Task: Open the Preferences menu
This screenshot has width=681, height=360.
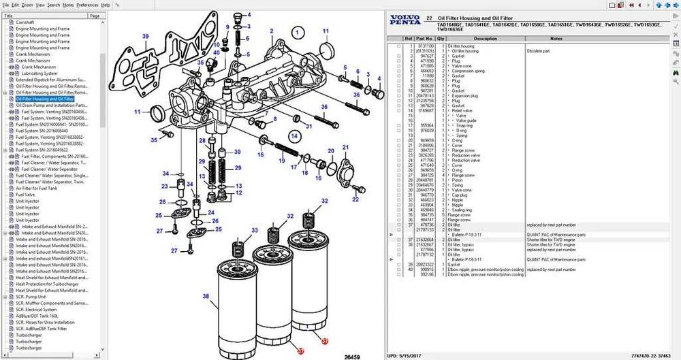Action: (87, 5)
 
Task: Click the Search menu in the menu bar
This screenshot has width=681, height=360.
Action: (53, 5)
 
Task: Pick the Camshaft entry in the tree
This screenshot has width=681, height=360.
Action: (27, 22)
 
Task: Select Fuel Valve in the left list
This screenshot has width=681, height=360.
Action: (27, 195)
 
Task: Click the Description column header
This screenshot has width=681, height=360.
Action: (485, 39)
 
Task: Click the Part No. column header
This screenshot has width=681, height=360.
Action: (424, 39)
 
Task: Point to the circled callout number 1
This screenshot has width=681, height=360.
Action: (297, 31)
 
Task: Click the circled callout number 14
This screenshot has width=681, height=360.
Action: (294, 136)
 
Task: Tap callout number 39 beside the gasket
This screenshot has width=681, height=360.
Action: (145, 36)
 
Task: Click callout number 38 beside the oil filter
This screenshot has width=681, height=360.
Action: (206, 297)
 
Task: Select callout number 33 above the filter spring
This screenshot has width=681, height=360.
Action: (254, 231)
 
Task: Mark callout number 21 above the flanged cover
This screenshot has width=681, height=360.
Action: (345, 148)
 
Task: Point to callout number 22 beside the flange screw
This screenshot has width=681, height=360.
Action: (355, 199)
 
